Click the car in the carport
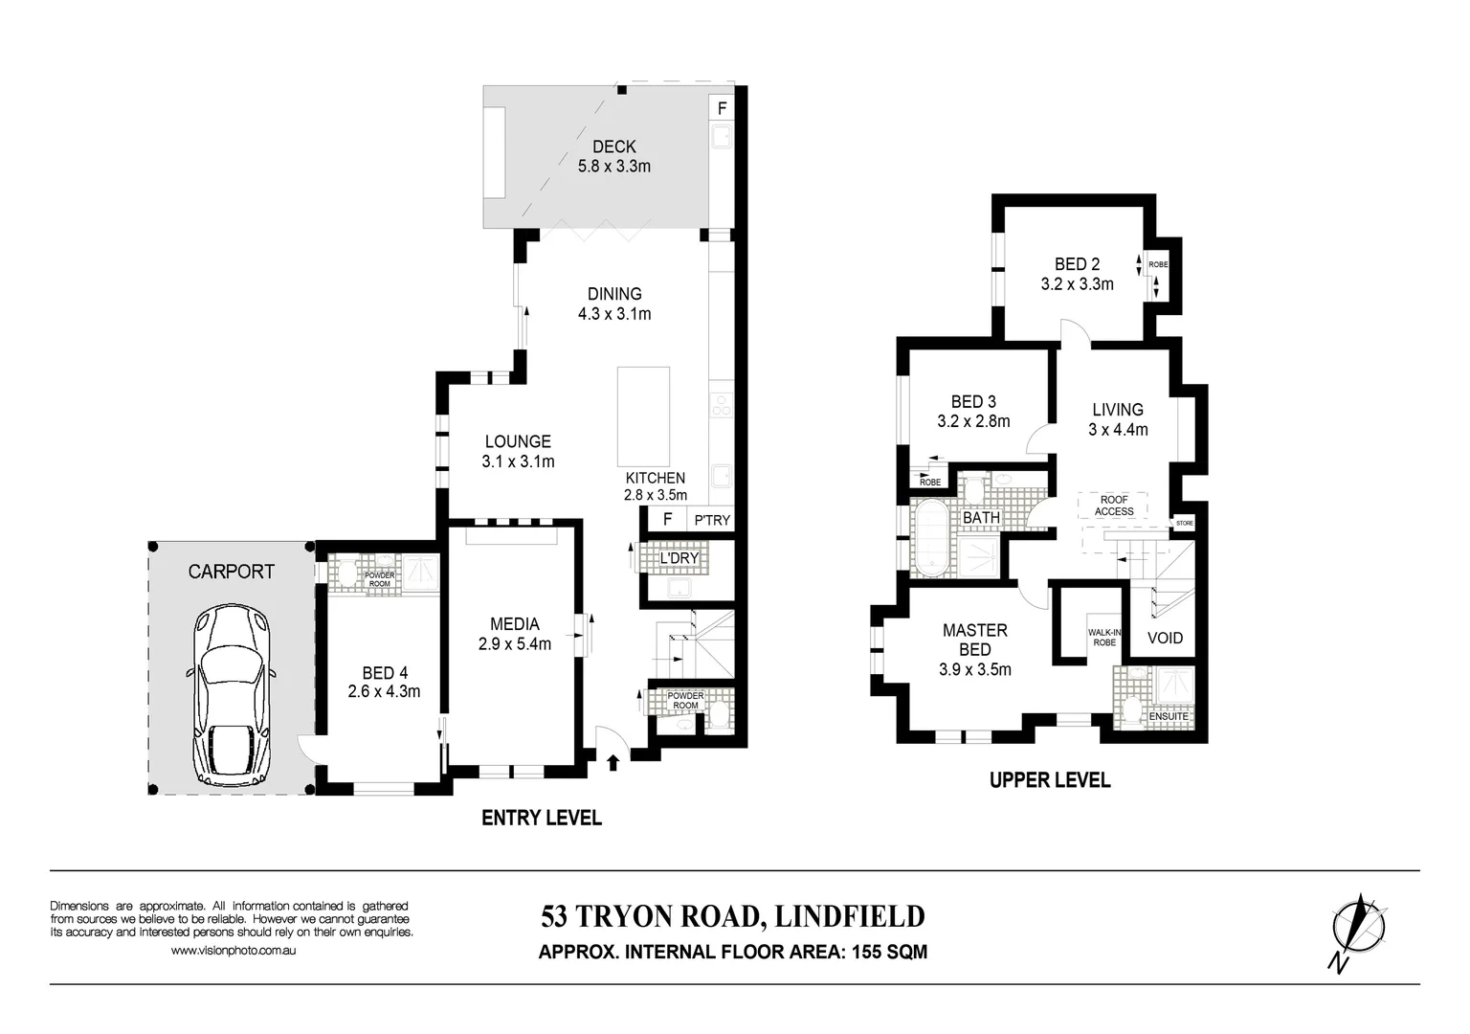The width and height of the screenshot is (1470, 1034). pyautogui.click(x=232, y=695)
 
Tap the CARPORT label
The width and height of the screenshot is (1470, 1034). pyautogui.click(x=231, y=572)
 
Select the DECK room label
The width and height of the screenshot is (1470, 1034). pyautogui.click(x=613, y=146)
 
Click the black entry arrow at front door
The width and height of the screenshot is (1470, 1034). pyautogui.click(x=612, y=762)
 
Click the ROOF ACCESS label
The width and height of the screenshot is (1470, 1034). pyautogui.click(x=1114, y=506)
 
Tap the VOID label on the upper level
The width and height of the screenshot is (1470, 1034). pyautogui.click(x=1165, y=638)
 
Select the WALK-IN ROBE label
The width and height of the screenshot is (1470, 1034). pyautogui.click(x=1103, y=638)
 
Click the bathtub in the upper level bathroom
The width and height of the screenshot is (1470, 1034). pyautogui.click(x=930, y=541)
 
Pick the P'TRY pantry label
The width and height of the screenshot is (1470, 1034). pyautogui.click(x=712, y=520)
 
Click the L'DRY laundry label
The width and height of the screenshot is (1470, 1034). pyautogui.click(x=679, y=558)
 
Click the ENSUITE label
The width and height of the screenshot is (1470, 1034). pyautogui.click(x=1169, y=716)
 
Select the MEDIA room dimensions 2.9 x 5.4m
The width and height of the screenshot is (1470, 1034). pyautogui.click(x=515, y=644)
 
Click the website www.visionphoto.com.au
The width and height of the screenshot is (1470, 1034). pyautogui.click(x=233, y=951)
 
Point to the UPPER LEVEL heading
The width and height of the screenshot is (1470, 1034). pyautogui.click(x=1050, y=780)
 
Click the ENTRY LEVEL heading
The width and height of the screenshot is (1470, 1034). pyautogui.click(x=541, y=818)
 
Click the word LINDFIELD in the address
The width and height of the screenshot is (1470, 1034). pyautogui.click(x=849, y=916)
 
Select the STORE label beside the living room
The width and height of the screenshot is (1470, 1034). pyautogui.click(x=1185, y=524)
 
